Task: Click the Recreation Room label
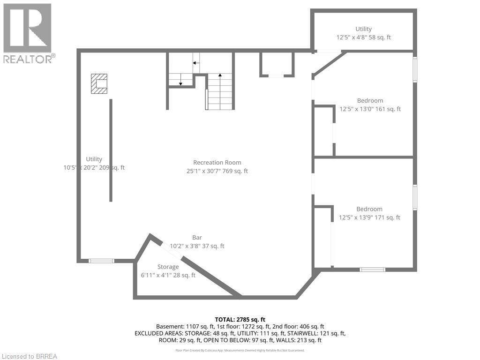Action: click(217, 163)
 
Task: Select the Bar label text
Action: click(197, 238)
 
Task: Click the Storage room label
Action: click(168, 267)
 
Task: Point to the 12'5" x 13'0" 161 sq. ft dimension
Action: click(370, 109)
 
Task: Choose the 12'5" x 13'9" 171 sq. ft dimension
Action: click(369, 217)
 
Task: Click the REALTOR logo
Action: click(28, 33)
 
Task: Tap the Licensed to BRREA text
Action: click(29, 356)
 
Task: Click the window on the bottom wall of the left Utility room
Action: click(101, 261)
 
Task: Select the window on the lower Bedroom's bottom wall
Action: click(373, 270)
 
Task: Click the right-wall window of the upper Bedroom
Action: click(415, 69)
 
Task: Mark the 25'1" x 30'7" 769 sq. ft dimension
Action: click(217, 171)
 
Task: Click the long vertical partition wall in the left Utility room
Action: click(111, 150)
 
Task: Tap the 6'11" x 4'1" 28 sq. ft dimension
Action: click(168, 275)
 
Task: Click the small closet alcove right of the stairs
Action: click(277, 64)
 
